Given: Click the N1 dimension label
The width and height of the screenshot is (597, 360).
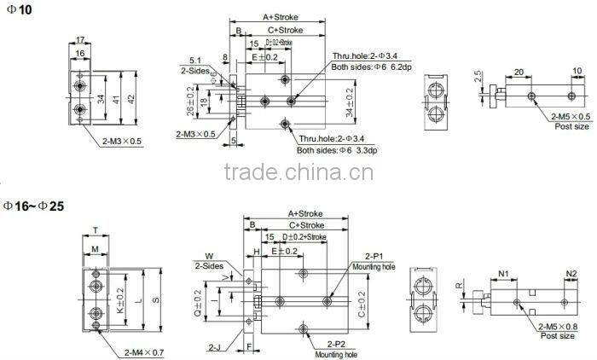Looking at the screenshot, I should [503, 273].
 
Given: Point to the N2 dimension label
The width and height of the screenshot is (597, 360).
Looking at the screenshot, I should [572, 273].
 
